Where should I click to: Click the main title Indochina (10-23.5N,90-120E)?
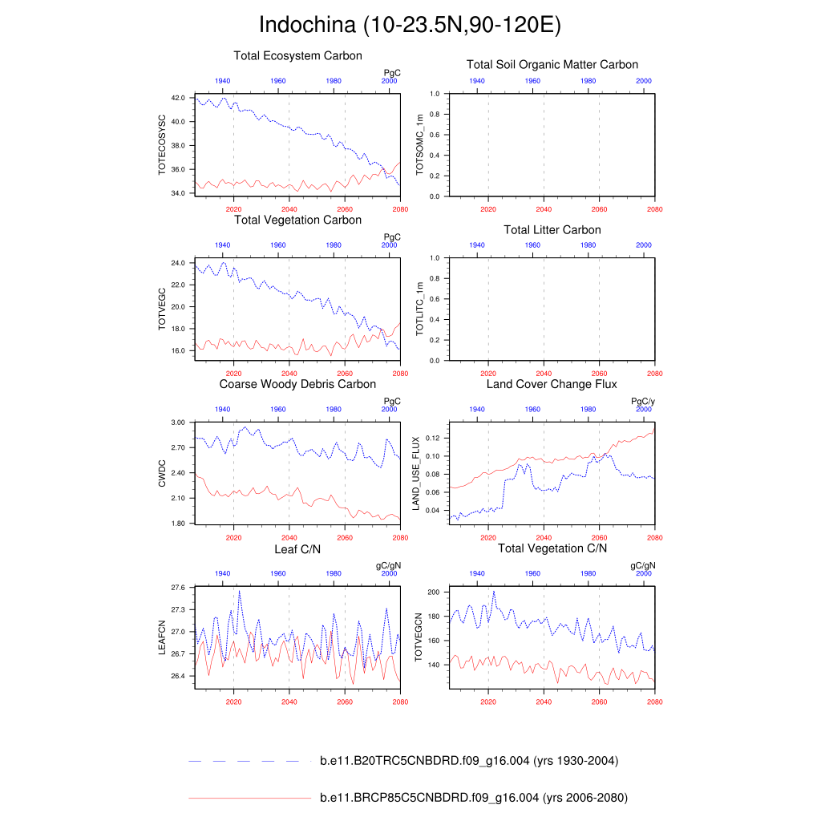[410, 25]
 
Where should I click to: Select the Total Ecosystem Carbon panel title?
[297, 56]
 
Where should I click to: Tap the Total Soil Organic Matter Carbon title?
[552, 65]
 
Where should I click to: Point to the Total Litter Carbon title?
[552, 230]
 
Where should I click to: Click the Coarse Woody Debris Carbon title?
[297, 384]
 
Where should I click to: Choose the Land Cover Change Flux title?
[552, 384]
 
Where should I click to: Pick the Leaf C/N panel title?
[297, 548]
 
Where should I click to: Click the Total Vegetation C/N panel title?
[552, 548]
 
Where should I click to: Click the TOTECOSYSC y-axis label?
[162, 145]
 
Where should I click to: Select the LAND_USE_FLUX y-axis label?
[416, 474]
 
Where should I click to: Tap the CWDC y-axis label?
[162, 473]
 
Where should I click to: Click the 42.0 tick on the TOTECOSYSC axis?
[177, 98]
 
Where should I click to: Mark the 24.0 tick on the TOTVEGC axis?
[177, 263]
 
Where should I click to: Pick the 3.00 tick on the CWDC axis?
[177, 422]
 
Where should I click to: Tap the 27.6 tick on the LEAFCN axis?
[177, 588]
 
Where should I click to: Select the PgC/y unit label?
[643, 401]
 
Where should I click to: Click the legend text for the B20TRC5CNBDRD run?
[469, 761]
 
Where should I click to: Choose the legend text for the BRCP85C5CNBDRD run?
[474, 798]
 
